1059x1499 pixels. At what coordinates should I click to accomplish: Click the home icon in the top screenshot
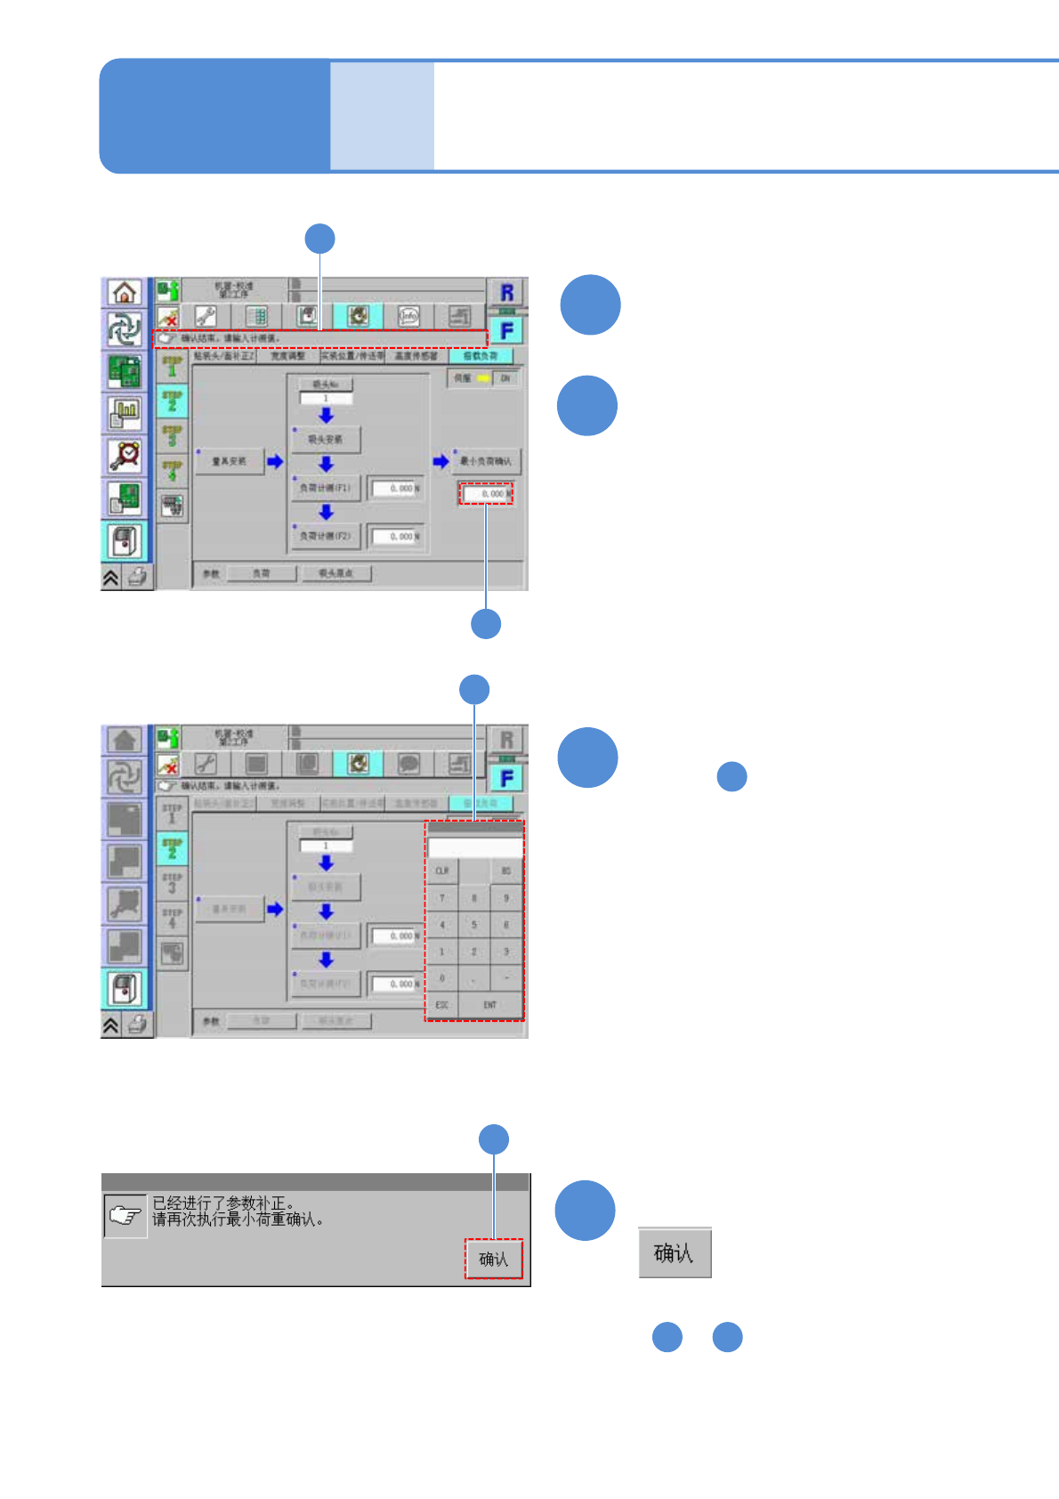pos(125,292)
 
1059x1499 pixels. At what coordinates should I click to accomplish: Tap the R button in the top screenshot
pos(506,292)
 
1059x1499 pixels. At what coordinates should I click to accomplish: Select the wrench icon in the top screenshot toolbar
pos(206,316)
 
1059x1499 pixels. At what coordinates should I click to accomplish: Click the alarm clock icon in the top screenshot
pos(125,455)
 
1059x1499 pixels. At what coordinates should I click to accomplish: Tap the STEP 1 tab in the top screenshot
pos(172,366)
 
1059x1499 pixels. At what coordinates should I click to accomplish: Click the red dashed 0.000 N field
pos(486,493)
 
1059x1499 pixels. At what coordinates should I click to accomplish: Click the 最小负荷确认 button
pos(486,461)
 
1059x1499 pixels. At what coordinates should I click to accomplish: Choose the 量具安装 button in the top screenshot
pos(229,461)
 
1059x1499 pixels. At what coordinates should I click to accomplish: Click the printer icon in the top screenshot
pos(138,577)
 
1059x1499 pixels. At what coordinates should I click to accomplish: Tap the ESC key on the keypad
pos(441,1005)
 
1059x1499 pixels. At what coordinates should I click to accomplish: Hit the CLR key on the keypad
pos(441,871)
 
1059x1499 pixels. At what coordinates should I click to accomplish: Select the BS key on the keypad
pos(506,871)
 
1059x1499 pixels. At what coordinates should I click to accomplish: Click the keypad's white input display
pos(475,847)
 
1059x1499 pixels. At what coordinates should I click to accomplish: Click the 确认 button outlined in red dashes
pos(493,1259)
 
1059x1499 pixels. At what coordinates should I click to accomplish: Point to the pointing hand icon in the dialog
pos(125,1216)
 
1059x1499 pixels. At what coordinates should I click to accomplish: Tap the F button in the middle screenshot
pos(506,779)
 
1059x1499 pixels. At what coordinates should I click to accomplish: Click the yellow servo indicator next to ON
pos(483,378)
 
